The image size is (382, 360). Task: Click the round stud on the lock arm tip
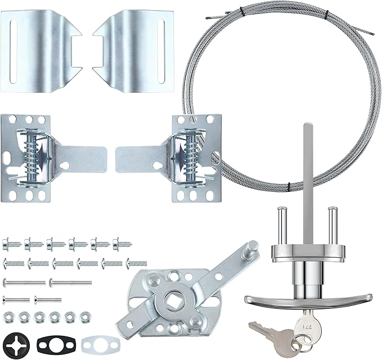(x=253, y=246)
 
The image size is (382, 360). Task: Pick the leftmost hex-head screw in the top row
(x=11, y=244)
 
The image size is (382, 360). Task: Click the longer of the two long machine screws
(x=70, y=281)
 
